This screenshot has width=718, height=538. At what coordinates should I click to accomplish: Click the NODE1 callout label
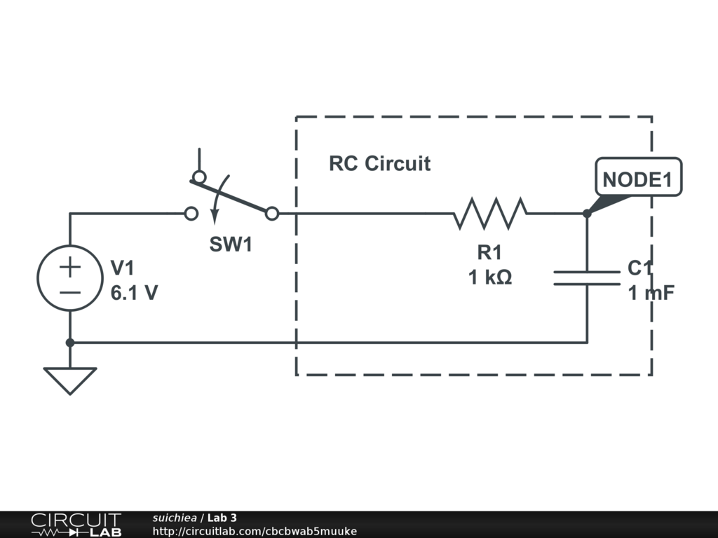[x=637, y=179]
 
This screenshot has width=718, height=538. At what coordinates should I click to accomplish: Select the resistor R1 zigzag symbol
[x=490, y=213]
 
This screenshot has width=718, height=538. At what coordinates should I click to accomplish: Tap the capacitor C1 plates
[x=587, y=278]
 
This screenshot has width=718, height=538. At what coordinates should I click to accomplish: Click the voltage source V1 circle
[x=70, y=278]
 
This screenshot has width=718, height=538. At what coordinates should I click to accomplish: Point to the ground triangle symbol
[x=70, y=379]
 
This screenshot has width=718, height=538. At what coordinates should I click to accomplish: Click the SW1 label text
[x=231, y=244]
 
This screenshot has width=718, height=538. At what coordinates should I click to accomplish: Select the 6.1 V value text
[x=134, y=292]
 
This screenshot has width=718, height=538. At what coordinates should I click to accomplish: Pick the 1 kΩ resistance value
[x=490, y=277]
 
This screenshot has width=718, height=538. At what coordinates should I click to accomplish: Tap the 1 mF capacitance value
[x=651, y=293]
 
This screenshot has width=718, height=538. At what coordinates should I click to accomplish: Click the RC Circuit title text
[x=379, y=164]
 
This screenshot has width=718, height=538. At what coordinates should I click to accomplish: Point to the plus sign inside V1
[x=70, y=267]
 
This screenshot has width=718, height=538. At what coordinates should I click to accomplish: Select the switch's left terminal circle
[x=191, y=214]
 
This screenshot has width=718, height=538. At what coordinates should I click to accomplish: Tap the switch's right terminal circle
[x=272, y=214]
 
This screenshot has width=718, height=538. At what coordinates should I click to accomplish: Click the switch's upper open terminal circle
[x=200, y=177]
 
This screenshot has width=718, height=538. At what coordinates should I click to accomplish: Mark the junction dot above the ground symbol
[x=70, y=343]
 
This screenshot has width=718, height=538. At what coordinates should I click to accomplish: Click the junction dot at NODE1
[x=587, y=213]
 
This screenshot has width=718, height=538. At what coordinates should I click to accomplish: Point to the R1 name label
[x=490, y=253]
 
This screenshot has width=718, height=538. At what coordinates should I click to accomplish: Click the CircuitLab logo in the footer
[x=76, y=524]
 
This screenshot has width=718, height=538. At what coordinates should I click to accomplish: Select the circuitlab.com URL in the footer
[x=255, y=531]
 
